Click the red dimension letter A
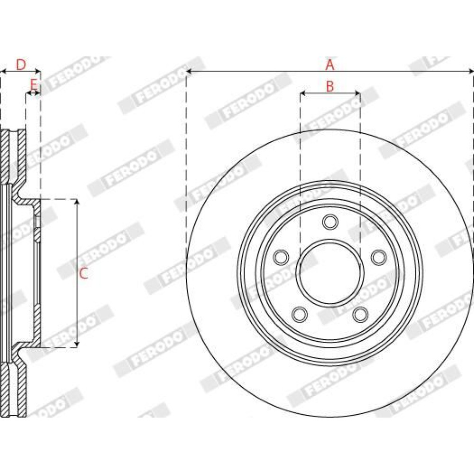(x=330, y=64)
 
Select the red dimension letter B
(x=330, y=86)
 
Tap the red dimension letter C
(x=83, y=273)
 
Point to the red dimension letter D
(x=21, y=64)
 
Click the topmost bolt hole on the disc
(x=330, y=222)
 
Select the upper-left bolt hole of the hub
(x=281, y=257)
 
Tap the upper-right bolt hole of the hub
(x=379, y=257)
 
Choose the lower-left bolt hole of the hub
(x=300, y=314)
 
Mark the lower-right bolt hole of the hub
(x=360, y=314)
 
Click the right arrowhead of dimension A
(x=471, y=72)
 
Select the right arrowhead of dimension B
(x=357, y=94)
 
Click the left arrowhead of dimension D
(x=3, y=72)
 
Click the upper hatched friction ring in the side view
(x=13, y=157)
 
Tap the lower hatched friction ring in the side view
(x=13, y=390)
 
